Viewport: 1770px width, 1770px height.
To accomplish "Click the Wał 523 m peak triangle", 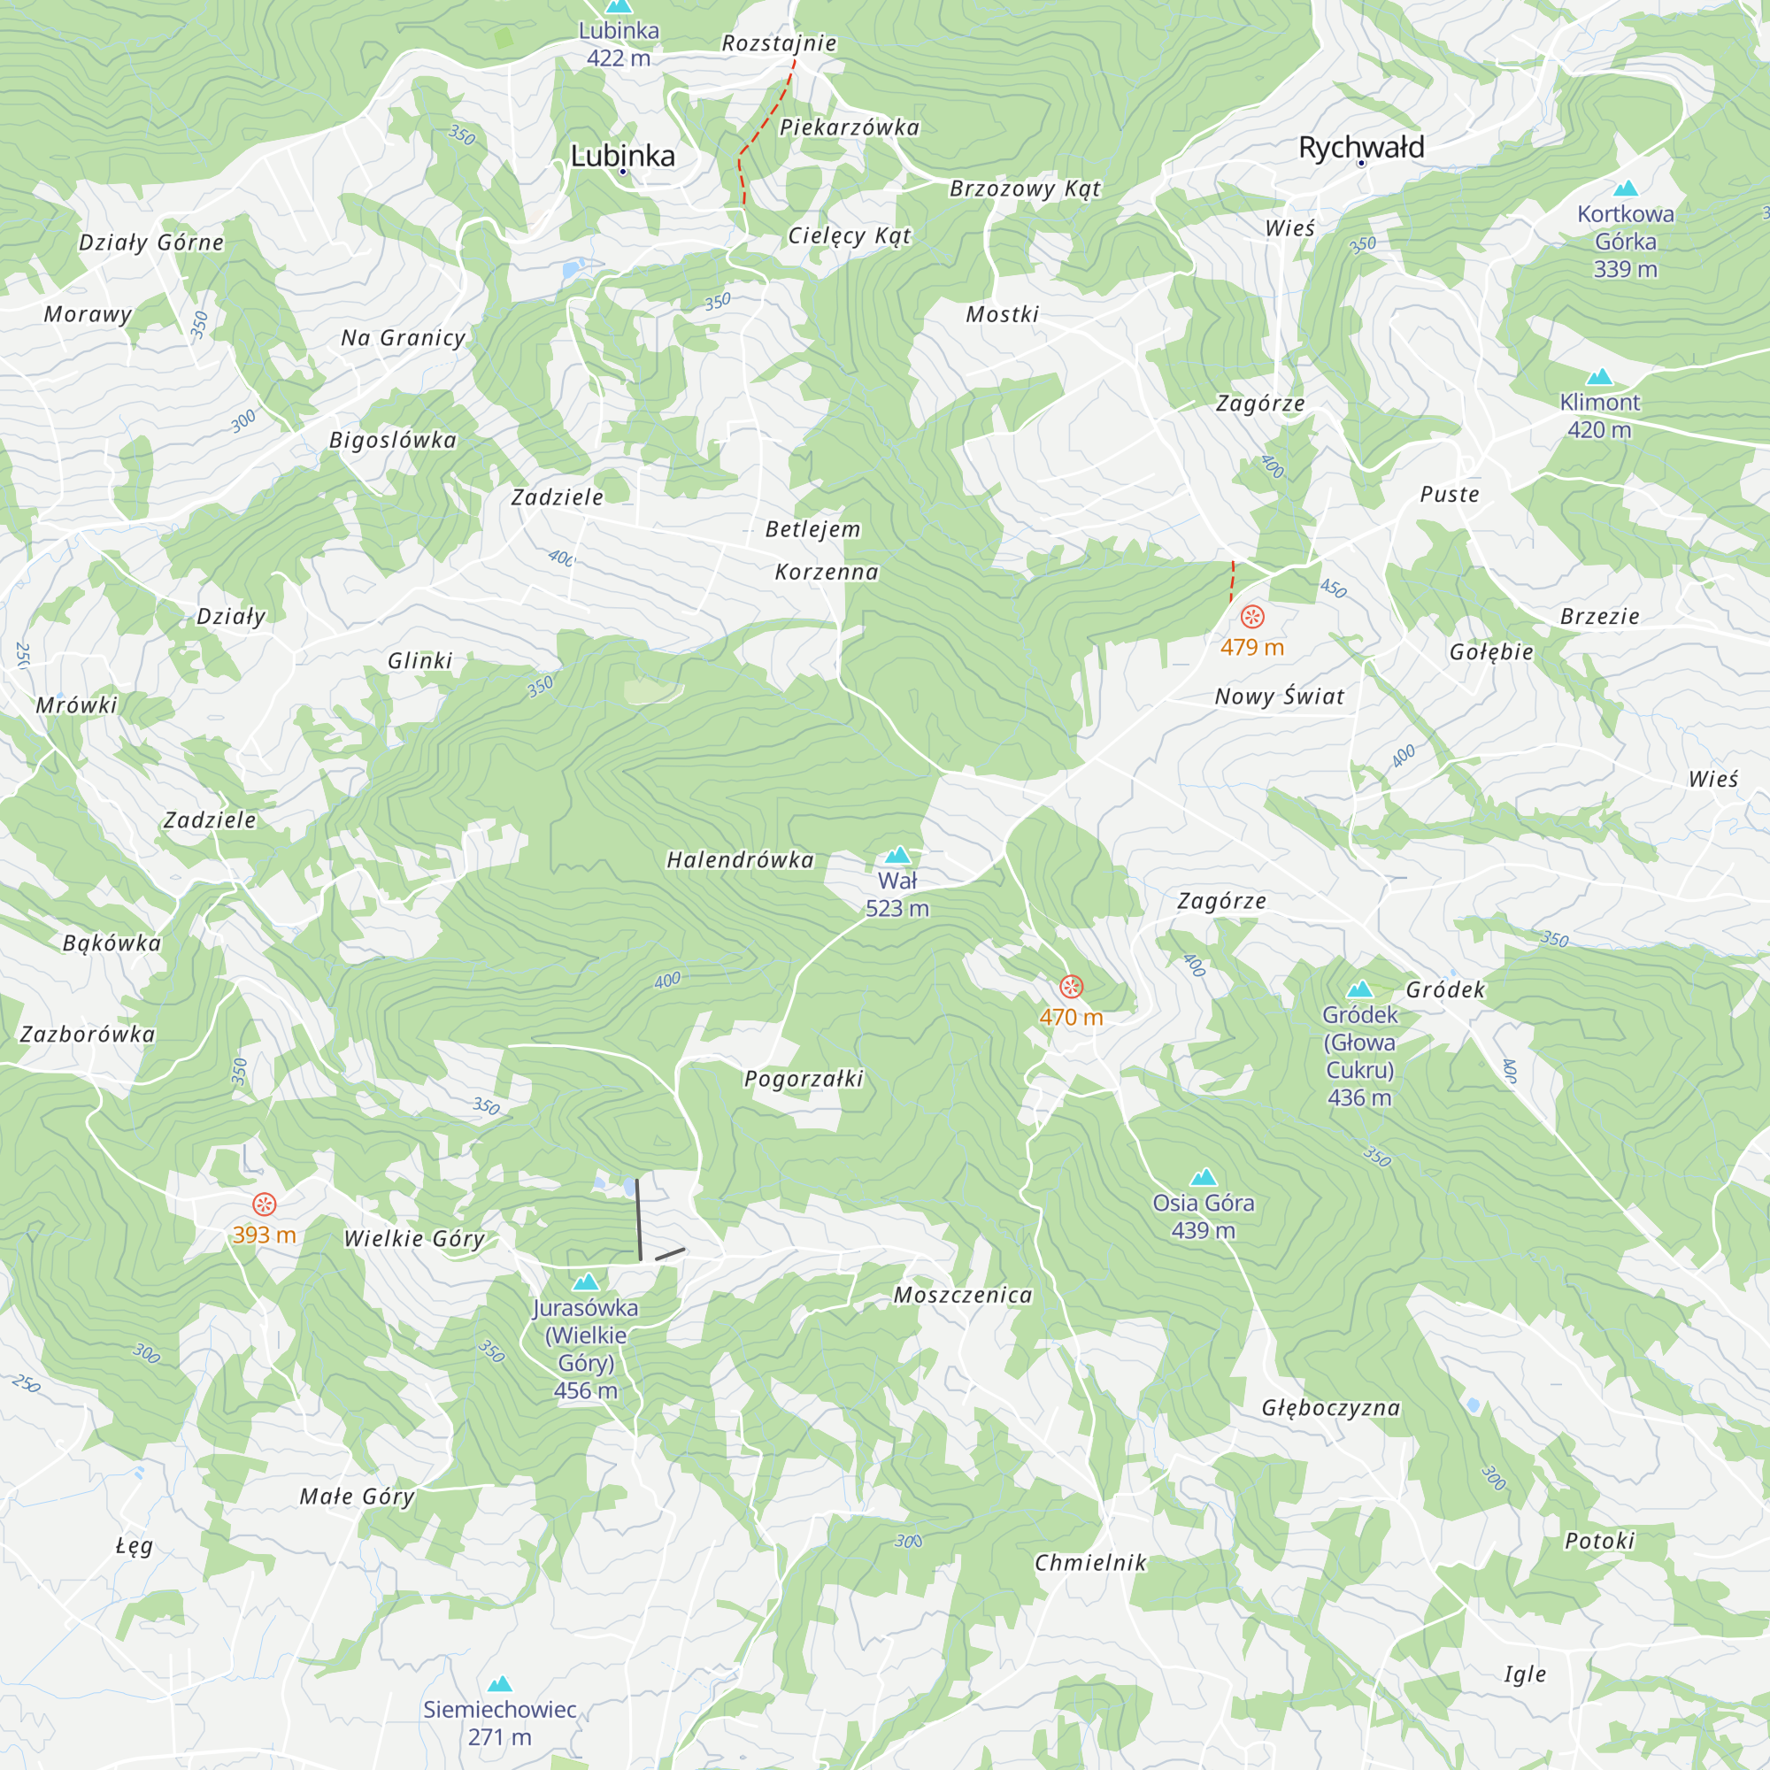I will coord(897,856).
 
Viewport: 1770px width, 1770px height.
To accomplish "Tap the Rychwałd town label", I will coord(1360,148).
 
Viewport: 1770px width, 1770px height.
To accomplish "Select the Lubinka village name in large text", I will coord(622,156).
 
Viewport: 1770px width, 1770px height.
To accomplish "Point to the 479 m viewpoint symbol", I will coord(1252,617).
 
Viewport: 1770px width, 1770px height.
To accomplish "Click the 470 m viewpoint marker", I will coord(1071,987).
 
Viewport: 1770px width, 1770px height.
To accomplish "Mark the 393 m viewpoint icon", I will coord(264,1204).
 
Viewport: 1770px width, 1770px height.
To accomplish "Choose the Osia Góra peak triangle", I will coord(1203,1177).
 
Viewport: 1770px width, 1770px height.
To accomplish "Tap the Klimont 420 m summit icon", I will coord(1598,376).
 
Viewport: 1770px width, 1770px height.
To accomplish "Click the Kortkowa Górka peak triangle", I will coord(1625,189).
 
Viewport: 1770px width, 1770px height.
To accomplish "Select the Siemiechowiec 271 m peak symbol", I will coord(499,1684).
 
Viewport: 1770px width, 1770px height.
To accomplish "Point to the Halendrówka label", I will coord(740,860).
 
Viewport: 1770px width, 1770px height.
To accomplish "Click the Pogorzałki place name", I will coord(804,1078).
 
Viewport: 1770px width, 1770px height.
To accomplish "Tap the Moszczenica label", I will coord(963,1295).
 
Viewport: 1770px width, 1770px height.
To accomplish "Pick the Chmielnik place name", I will coord(1090,1563).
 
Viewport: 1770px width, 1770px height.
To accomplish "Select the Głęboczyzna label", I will coord(1330,1408).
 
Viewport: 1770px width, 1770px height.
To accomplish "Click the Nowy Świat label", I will coord(1279,696).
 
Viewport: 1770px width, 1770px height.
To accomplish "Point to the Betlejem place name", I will coord(812,529).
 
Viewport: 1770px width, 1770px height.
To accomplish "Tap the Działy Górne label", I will coord(151,242).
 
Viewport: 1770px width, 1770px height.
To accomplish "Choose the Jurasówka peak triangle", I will coord(585,1281).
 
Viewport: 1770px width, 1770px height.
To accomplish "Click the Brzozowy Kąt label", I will coord(1024,189).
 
